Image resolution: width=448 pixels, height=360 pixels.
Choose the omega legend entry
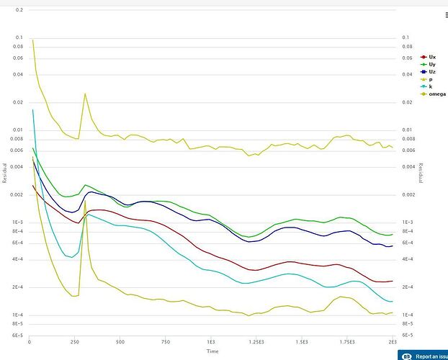(x=436, y=94)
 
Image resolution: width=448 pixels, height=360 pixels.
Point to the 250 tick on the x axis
(x=74, y=341)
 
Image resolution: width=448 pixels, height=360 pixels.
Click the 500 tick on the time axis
(x=120, y=341)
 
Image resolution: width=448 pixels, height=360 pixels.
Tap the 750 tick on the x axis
(x=165, y=341)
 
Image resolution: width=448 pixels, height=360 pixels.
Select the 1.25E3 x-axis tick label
(x=256, y=341)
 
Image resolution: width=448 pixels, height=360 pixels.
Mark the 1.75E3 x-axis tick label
(x=346, y=341)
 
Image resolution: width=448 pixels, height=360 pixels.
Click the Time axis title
(x=212, y=351)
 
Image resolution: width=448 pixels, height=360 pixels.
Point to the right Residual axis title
(x=421, y=172)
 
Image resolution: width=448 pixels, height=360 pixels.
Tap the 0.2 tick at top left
(x=19, y=10)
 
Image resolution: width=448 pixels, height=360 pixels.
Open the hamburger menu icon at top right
(x=446, y=14)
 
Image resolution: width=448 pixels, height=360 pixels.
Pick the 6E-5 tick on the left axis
(x=16, y=335)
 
